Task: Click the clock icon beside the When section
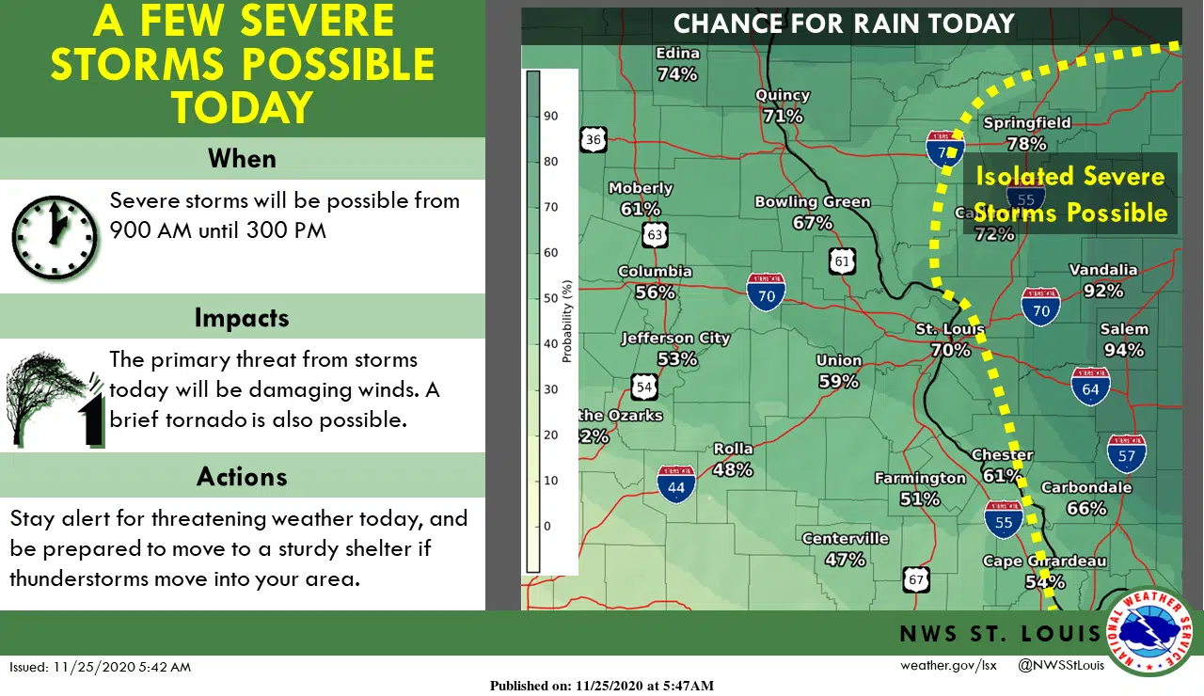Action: click(55, 237)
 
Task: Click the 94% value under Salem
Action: click(1124, 350)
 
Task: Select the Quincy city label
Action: click(783, 95)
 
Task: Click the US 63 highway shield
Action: click(656, 233)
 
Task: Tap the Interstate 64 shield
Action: click(1090, 386)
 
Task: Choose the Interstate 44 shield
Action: click(676, 484)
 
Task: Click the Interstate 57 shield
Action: click(1126, 453)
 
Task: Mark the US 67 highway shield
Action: click(916, 579)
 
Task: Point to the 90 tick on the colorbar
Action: click(551, 116)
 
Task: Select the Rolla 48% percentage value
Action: click(733, 469)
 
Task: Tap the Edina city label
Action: click(677, 54)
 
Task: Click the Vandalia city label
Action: click(1103, 270)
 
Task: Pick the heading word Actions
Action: click(242, 476)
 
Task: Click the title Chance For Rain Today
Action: click(844, 24)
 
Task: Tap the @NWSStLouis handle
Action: click(1061, 666)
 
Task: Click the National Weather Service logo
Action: click(1150, 631)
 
